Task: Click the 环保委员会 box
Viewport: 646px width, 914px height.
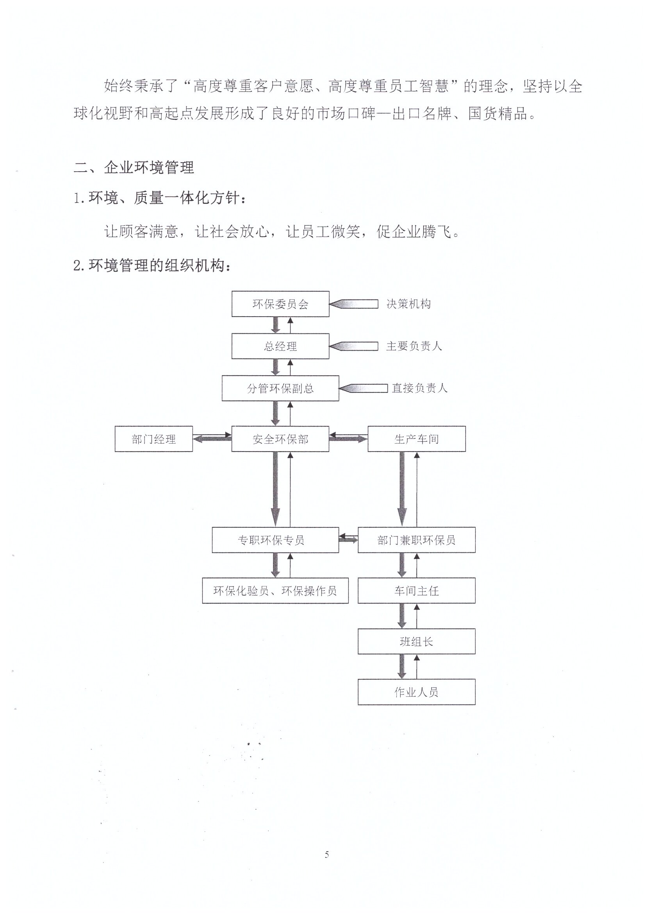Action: (280, 304)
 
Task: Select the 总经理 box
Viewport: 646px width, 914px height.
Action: (280, 346)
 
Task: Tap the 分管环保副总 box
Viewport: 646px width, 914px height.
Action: (280, 388)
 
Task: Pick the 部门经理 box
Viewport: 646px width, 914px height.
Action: (154, 439)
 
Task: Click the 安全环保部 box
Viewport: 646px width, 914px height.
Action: (280, 439)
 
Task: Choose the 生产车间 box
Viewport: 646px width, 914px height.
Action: (416, 439)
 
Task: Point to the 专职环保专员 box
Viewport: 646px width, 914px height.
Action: (275, 540)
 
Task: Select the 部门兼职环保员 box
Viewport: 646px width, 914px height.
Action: (416, 540)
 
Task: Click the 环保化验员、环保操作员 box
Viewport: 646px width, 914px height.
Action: (275, 591)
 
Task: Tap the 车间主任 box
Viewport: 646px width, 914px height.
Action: (416, 591)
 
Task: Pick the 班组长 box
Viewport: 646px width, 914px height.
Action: (416, 641)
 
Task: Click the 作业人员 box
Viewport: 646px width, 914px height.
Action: (416, 692)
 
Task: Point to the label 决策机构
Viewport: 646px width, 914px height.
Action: (409, 304)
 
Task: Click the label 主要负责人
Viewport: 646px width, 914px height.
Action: (414, 346)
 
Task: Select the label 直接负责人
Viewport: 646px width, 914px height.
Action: (419, 388)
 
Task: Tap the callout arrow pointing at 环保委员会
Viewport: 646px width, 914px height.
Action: (353, 304)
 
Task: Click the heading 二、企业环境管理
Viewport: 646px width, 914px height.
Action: (134, 167)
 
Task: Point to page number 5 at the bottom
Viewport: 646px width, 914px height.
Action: (327, 854)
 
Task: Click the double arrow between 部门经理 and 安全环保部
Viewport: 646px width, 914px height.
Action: (212, 437)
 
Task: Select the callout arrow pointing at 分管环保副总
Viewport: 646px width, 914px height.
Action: (363, 388)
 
